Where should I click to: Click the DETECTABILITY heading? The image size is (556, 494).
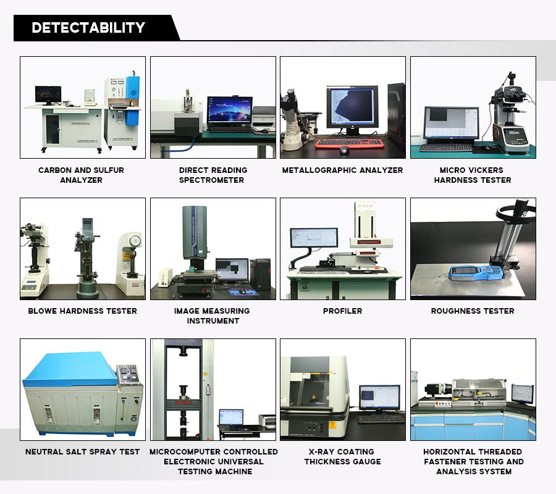tap(88, 28)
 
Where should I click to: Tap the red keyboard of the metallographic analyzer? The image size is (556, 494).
tap(350, 143)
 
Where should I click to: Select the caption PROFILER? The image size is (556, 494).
tap(342, 311)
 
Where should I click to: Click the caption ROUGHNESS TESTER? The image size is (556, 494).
tap(473, 311)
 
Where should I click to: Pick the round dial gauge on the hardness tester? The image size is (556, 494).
tap(135, 240)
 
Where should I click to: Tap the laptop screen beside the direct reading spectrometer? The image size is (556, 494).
tap(230, 111)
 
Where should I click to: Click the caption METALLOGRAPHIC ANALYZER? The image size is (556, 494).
tap(342, 170)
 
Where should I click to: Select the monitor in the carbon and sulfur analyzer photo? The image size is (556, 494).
tap(48, 94)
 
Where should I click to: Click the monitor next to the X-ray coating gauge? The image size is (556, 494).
tap(380, 398)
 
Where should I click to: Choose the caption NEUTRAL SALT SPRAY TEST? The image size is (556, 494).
tap(83, 452)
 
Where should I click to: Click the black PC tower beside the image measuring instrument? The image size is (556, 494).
tap(260, 275)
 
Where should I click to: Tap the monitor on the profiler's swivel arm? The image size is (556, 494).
tap(314, 238)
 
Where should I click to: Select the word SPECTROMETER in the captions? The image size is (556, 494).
tap(211, 180)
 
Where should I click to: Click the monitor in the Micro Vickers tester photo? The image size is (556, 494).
tap(452, 123)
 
